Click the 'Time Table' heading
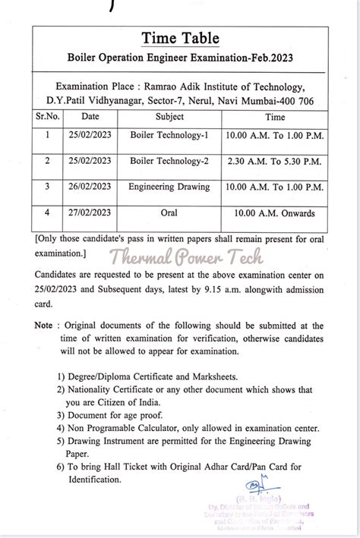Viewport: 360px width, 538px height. tap(180, 38)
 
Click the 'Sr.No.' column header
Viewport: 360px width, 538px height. tap(48, 117)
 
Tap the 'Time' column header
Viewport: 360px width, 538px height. tap(274, 117)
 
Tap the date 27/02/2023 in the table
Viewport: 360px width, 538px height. tap(90, 214)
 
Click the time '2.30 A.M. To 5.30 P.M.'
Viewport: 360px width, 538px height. tap(274, 161)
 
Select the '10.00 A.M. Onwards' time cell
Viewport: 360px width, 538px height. tap(274, 214)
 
